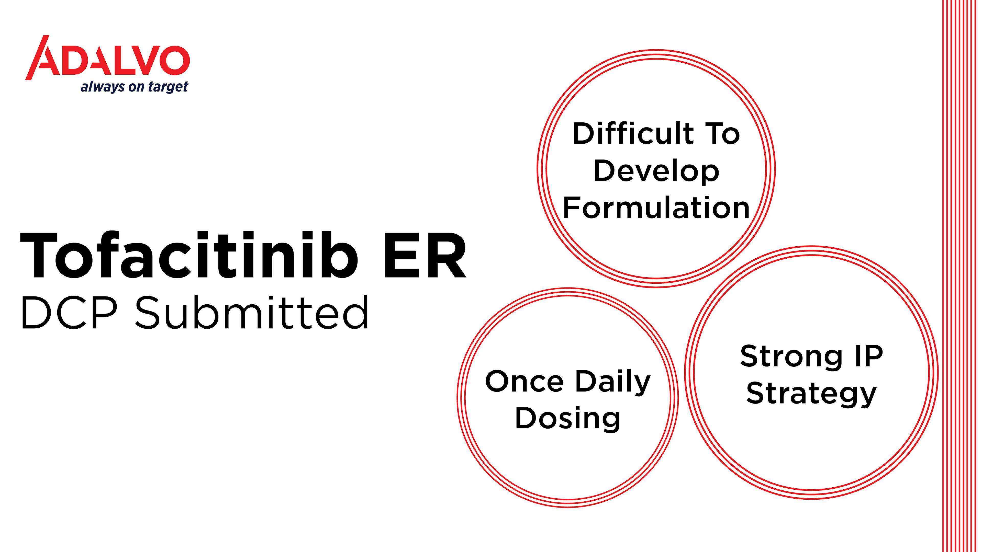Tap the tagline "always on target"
pyautogui.click(x=134, y=87)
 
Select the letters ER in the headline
pyautogui.click(x=424, y=255)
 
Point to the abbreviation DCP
pyautogui.click(x=69, y=312)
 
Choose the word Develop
pyautogui.click(x=656, y=172)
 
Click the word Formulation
pyautogui.click(x=656, y=208)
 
